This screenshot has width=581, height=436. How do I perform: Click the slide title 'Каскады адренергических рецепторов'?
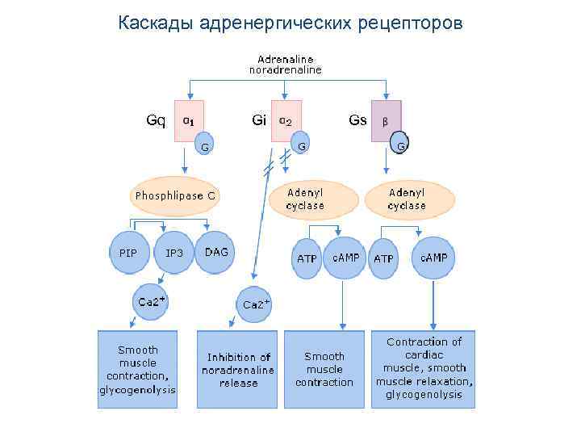pos(290,22)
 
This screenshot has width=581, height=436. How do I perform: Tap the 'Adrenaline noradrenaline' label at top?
pos(285,65)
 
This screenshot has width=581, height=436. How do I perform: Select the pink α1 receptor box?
pos(189,120)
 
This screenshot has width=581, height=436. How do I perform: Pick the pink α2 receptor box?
pos(286,120)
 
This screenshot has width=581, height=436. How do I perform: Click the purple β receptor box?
pos(386,120)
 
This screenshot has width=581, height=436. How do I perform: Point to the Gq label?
pos(156,120)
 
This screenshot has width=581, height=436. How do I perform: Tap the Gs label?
pos(357,120)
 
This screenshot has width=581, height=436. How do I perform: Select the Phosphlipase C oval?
pos(175,195)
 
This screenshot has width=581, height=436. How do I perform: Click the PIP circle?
pos(127,253)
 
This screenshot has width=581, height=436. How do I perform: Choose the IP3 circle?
pos(174,253)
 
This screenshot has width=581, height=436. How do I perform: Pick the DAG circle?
pos(216,253)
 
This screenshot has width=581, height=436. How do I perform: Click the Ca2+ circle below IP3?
pos(151,302)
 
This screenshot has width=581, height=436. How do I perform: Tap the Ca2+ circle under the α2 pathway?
pos(256,304)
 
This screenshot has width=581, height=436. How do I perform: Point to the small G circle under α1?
pos(205,146)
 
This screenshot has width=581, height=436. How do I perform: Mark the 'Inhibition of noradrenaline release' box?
pos(238,369)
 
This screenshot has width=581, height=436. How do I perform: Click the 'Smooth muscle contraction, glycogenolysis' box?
pos(137,369)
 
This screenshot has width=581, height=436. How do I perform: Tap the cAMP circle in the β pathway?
pos(433,257)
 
